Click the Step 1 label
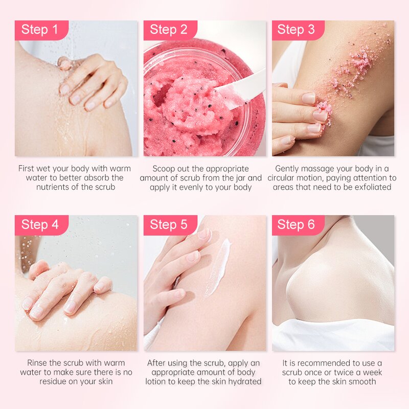[x=40, y=30]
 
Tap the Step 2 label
[x=169, y=30]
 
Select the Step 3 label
[x=297, y=30]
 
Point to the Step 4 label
[x=40, y=225]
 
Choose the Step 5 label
[x=169, y=225]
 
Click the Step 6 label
[x=297, y=225]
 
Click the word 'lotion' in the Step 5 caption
[x=157, y=381]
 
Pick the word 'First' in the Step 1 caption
[x=28, y=168]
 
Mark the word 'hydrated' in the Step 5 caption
[x=245, y=381]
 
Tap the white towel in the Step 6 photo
[x=332, y=335]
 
